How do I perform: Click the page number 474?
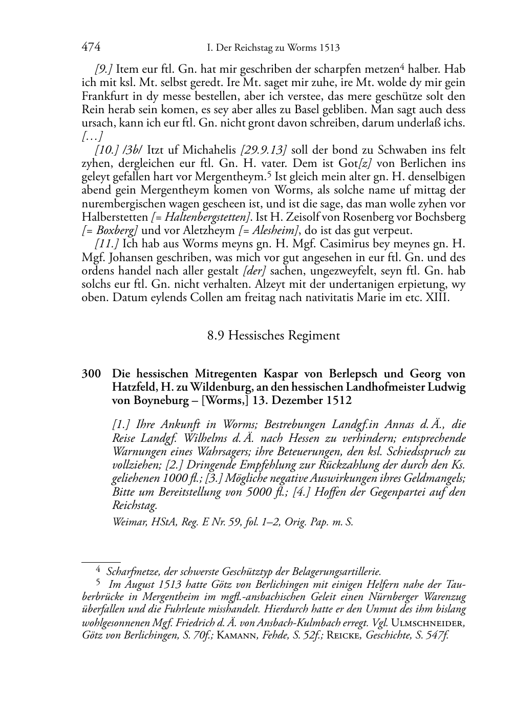coord(91,48)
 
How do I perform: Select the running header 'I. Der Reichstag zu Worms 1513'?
coord(273,48)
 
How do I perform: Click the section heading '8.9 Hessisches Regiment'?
coord(273,336)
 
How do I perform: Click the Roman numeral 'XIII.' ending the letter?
coord(437,297)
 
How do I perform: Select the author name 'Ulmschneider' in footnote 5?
coord(427,623)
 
